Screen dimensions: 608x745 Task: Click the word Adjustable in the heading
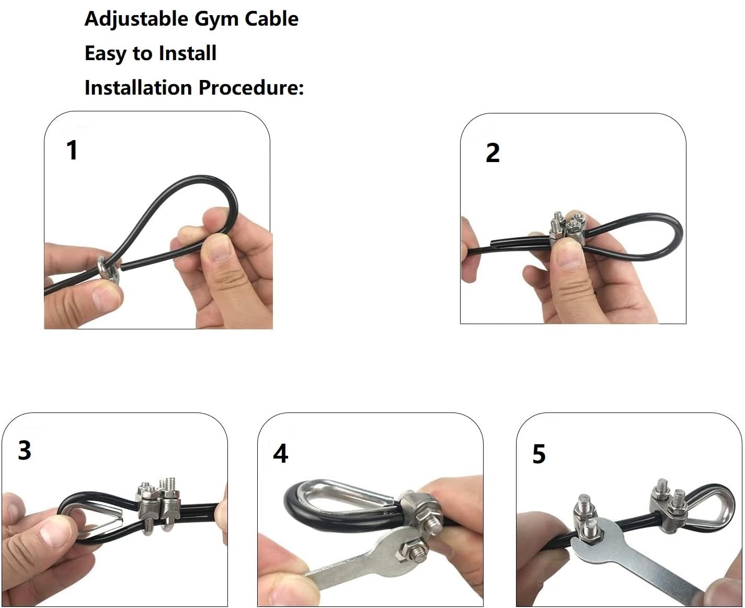pyautogui.click(x=136, y=19)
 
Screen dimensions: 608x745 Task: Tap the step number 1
pyautogui.click(x=72, y=150)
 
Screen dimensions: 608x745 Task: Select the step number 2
pyautogui.click(x=492, y=153)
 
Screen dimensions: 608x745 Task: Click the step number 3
pyautogui.click(x=25, y=450)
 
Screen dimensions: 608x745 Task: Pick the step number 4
pyautogui.click(x=280, y=453)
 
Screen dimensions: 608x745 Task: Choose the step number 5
pyautogui.click(x=538, y=454)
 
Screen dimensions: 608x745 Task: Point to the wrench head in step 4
pyautogui.click(x=403, y=549)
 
